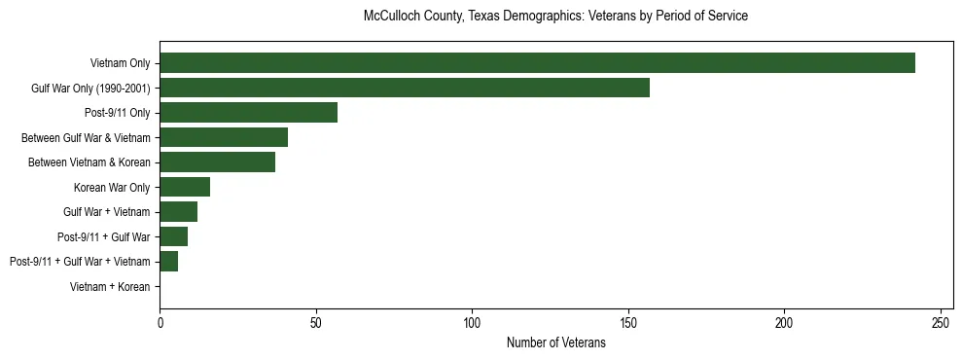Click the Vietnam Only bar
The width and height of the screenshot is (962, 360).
point(537,63)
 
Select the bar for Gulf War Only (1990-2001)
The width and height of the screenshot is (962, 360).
point(405,88)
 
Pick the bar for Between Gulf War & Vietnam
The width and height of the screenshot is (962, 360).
point(224,137)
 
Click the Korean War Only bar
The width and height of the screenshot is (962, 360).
point(185,187)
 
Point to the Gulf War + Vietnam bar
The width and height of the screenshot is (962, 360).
point(178,212)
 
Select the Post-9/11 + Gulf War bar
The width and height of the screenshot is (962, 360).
point(173,236)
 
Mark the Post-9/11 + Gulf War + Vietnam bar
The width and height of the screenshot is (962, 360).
point(168,262)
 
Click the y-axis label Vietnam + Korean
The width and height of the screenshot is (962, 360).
point(110,287)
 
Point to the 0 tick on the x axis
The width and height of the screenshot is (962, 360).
point(160,322)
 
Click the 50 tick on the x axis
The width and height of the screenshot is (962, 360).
point(316,322)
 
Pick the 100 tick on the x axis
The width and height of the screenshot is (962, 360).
point(472,322)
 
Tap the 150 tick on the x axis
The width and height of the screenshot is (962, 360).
point(628,322)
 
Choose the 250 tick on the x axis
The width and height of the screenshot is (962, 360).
point(941,322)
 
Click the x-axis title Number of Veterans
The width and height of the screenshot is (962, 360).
point(555,343)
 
